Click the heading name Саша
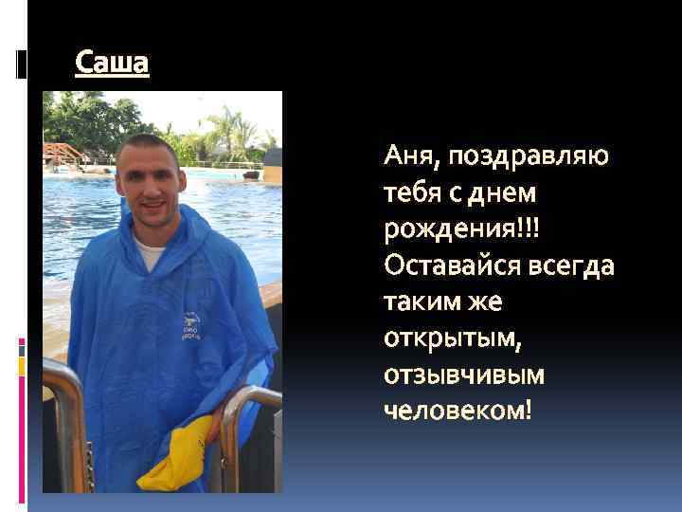point(112,64)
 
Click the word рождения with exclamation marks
point(448,229)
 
